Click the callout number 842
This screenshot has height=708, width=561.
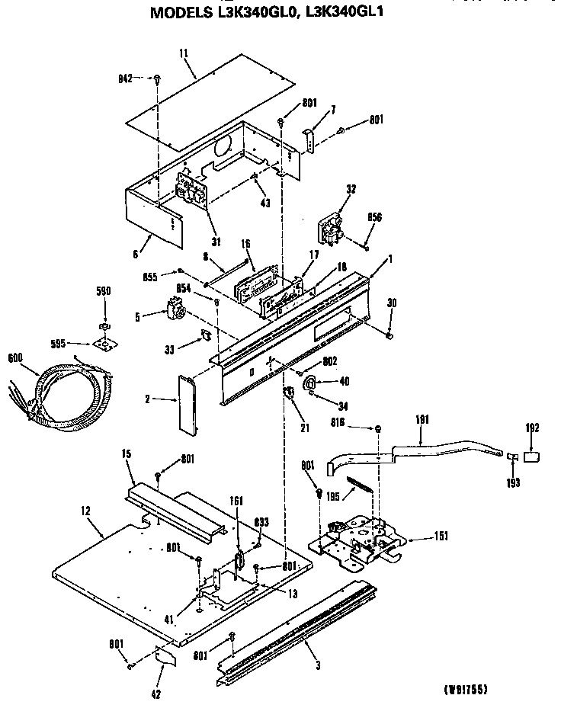125,78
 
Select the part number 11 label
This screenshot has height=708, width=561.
183,54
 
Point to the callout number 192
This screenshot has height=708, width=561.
534,428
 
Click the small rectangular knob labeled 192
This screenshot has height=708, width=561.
531,457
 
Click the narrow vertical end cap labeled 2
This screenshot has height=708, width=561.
186,404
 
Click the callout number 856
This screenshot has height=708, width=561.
375,216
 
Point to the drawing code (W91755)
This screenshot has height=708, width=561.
466,690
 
